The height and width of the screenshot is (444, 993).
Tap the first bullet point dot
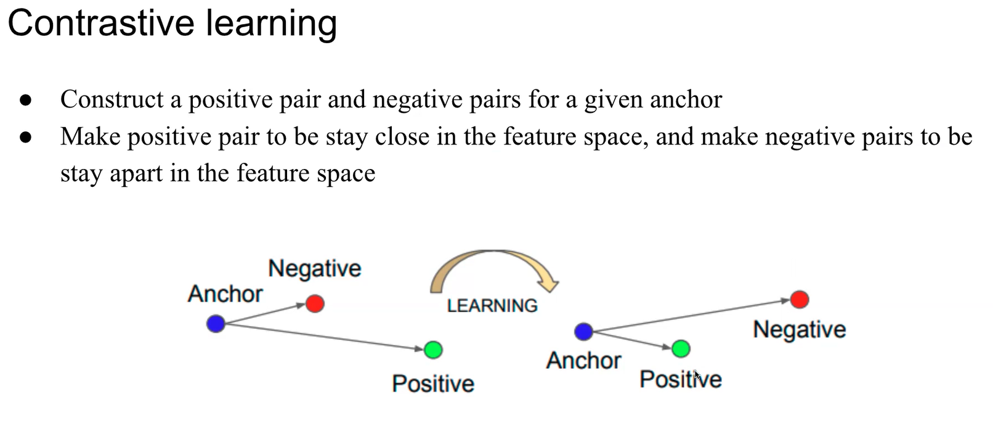(25, 100)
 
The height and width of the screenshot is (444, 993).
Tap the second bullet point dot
(25, 137)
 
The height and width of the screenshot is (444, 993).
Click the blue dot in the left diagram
(216, 323)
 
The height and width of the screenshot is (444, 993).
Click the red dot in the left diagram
(315, 303)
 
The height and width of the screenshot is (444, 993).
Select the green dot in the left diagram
(433, 350)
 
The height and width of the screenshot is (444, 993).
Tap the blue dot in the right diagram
(583, 332)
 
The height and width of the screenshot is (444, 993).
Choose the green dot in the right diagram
(681, 349)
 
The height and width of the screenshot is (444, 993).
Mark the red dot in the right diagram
(799, 300)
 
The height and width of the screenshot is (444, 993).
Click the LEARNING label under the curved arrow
(492, 306)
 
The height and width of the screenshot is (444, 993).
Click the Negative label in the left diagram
(314, 269)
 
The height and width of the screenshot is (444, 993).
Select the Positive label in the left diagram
(433, 384)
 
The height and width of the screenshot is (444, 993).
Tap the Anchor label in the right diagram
(583, 360)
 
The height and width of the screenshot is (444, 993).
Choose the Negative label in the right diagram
(799, 329)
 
